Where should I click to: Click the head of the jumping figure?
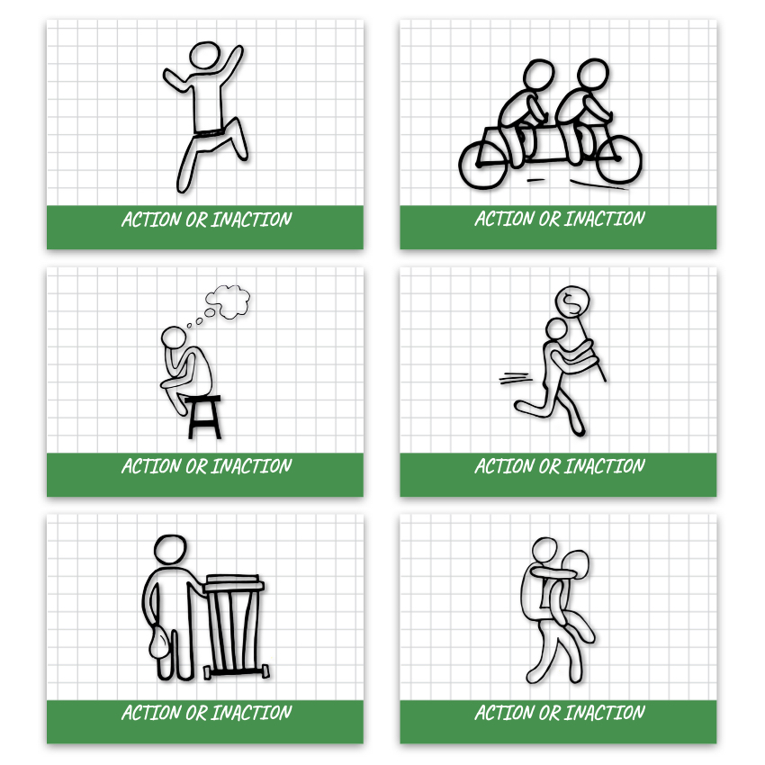pyautogui.click(x=204, y=55)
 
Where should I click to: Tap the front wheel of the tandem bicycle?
pyautogui.click(x=618, y=158)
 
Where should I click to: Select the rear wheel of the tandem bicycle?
pyautogui.click(x=483, y=166)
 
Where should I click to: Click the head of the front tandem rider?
pyautogui.click(x=593, y=73)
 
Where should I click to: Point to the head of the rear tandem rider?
pyautogui.click(x=538, y=74)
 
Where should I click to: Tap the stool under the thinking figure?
pyautogui.click(x=204, y=417)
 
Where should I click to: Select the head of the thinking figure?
pyautogui.click(x=174, y=337)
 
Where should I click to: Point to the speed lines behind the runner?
pyautogui.click(x=514, y=378)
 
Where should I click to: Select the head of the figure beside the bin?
pyautogui.click(x=170, y=550)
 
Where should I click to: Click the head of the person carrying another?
pyautogui.click(x=544, y=550)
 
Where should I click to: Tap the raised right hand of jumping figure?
pyautogui.click(x=238, y=50)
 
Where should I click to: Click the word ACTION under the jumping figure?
pyautogui.click(x=151, y=220)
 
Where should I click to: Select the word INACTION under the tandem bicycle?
pyautogui.click(x=605, y=219)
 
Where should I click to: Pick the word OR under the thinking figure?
pyautogui.click(x=196, y=466)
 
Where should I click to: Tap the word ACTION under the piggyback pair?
pyautogui.click(x=505, y=714)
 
